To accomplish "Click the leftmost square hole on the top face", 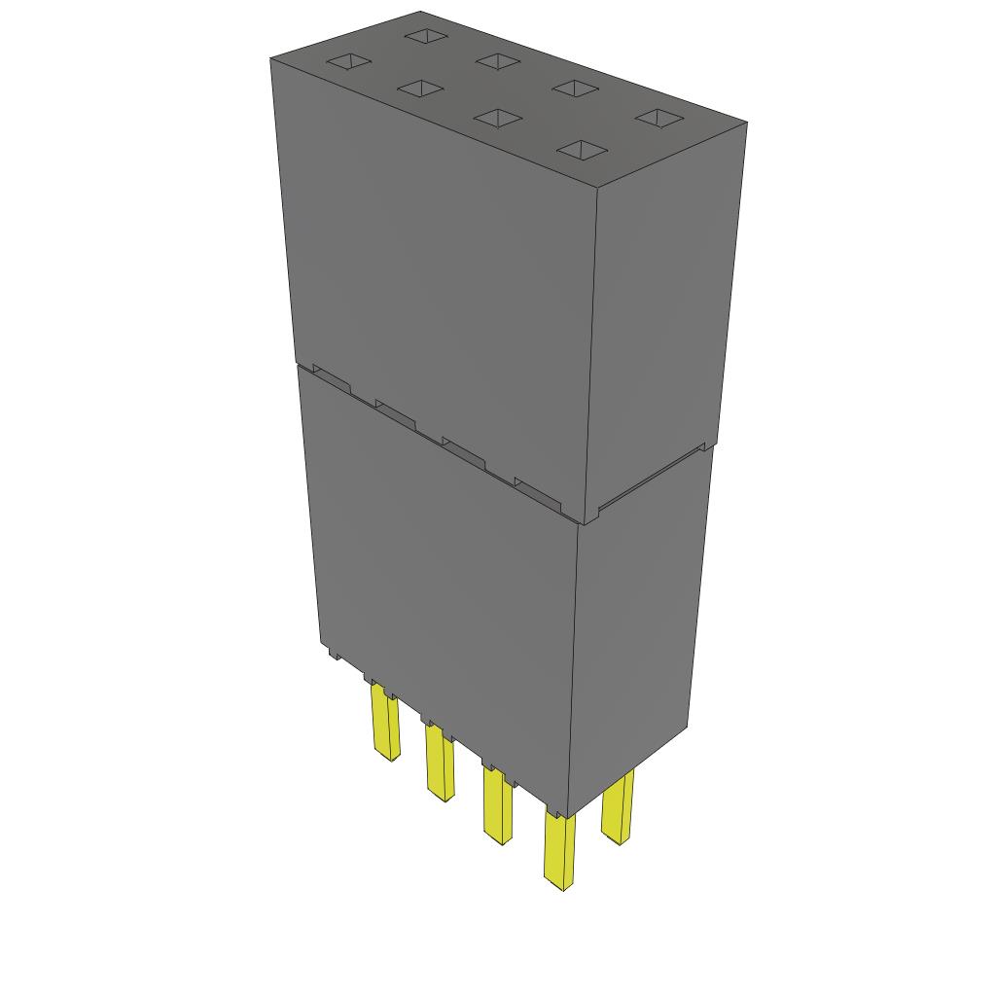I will (x=348, y=62).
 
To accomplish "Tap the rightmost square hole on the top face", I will (x=660, y=118).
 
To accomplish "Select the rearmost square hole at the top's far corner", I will (x=425, y=36).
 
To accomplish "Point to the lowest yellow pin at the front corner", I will (x=558, y=852).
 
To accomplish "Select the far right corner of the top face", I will (x=746, y=123).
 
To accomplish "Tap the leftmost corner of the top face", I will (x=271, y=58).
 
